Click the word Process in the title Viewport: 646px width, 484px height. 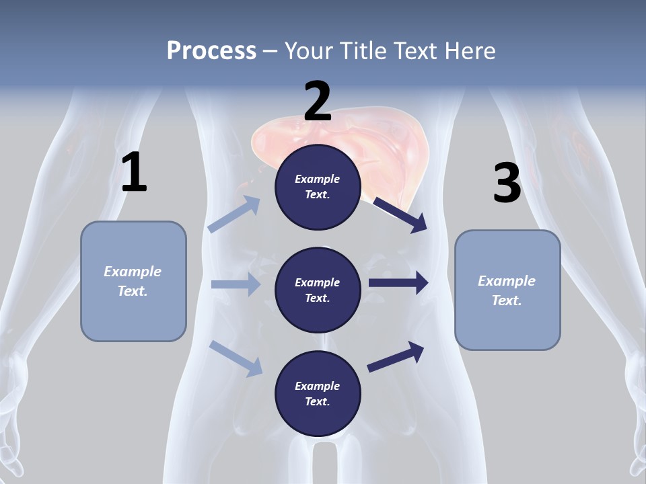click(x=211, y=51)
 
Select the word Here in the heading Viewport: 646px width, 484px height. click(x=470, y=51)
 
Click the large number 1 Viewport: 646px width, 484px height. click(x=134, y=173)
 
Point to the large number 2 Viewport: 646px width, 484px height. click(x=318, y=102)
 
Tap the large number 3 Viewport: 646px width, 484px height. click(x=507, y=183)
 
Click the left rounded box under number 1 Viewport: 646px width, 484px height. click(x=133, y=281)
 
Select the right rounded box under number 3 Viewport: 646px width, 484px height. click(x=507, y=290)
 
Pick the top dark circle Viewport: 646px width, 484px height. click(x=318, y=187)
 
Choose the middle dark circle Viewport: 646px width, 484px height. click(x=318, y=290)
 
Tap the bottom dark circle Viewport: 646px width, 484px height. click(x=318, y=393)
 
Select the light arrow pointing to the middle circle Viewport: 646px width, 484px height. click(x=236, y=284)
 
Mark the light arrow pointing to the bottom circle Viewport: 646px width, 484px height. click(x=236, y=358)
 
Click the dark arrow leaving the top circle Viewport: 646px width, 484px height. click(x=400, y=214)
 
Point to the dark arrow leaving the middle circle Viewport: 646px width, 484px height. click(x=398, y=283)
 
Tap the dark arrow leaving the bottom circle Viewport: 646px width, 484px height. click(x=396, y=357)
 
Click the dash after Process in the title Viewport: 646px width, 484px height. click(x=271, y=51)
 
